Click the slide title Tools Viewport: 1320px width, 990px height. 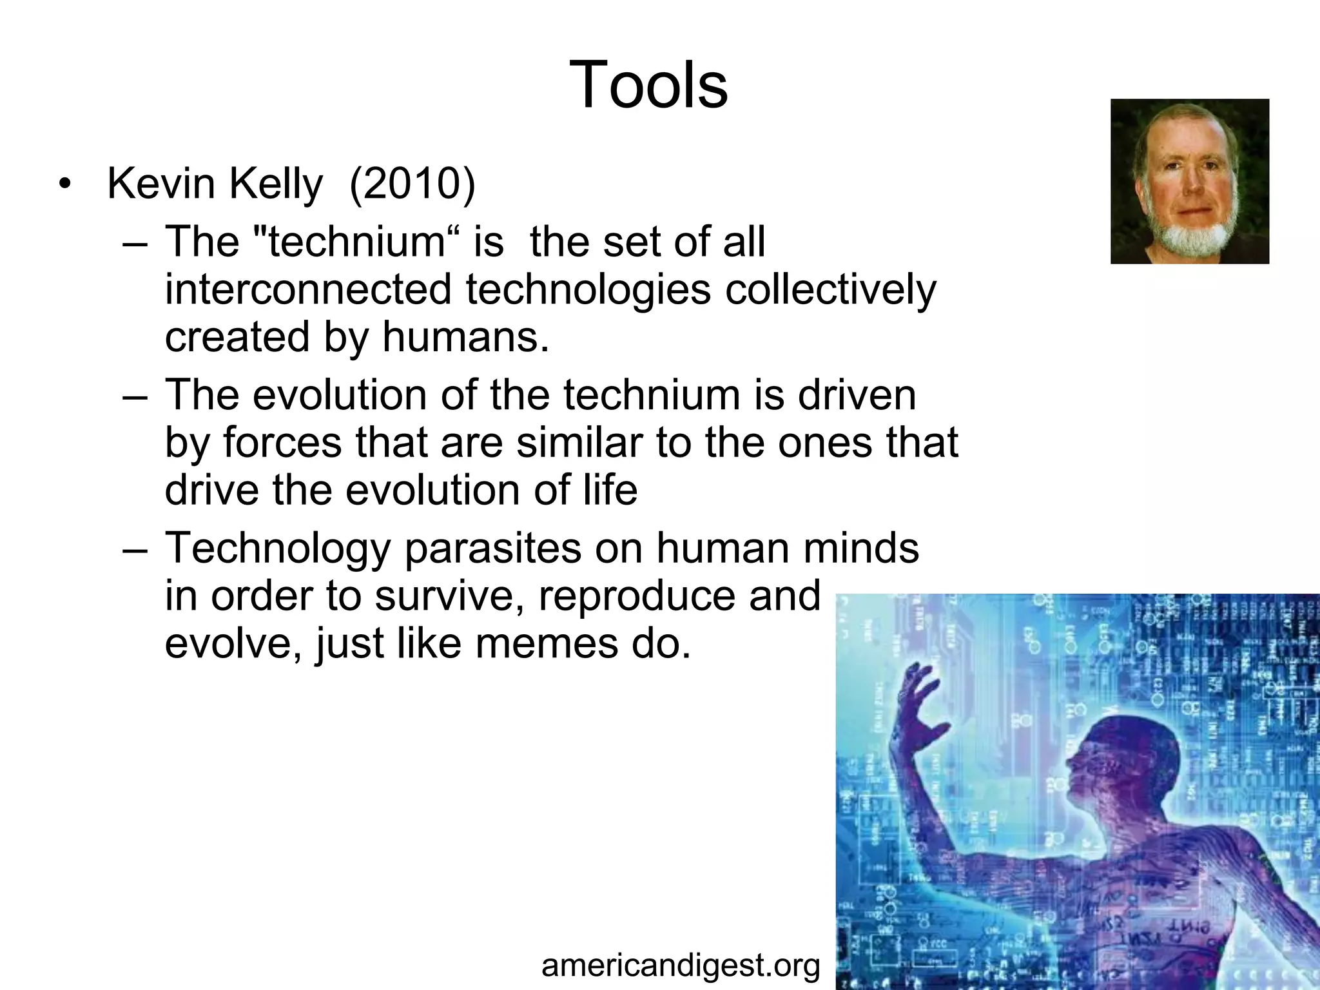(x=648, y=86)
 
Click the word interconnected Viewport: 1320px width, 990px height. (x=308, y=289)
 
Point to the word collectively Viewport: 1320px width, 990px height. (x=830, y=289)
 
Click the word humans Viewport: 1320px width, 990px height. (x=465, y=337)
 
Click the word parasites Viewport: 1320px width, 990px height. (x=492, y=548)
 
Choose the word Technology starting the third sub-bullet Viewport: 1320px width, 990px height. (x=278, y=548)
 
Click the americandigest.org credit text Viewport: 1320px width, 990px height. (x=681, y=966)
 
